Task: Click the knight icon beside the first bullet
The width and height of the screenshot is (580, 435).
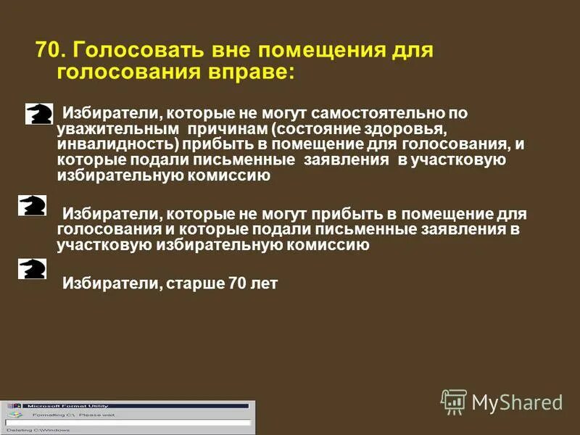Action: (x=38, y=113)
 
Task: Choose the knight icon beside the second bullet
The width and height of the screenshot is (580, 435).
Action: (x=33, y=205)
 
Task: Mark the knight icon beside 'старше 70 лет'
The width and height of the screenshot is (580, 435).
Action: (x=33, y=269)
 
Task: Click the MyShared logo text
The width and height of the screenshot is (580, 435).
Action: (x=517, y=402)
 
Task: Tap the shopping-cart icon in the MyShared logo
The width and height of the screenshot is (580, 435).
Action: (x=454, y=402)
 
